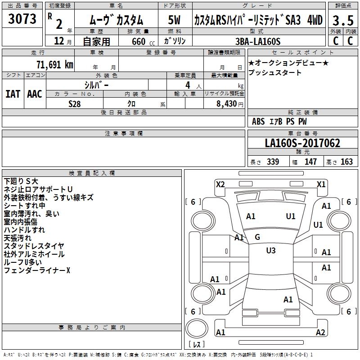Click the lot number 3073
[x=22, y=18]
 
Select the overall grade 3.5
[x=343, y=20]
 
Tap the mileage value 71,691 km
[x=55, y=64]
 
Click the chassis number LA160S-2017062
[x=302, y=143]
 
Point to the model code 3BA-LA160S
[x=258, y=41]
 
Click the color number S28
[x=74, y=104]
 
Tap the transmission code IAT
[x=13, y=94]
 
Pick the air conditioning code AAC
[x=35, y=94]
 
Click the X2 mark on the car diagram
[x=220, y=184]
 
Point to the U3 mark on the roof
[x=271, y=251]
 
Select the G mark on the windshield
[x=257, y=237]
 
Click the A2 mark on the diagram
[x=320, y=332]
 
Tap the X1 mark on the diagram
[x=321, y=184]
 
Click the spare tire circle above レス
[x=197, y=328]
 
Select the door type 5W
[x=174, y=20]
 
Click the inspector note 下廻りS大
[x=21, y=181]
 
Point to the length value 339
[x=273, y=162]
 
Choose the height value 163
[x=346, y=162]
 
